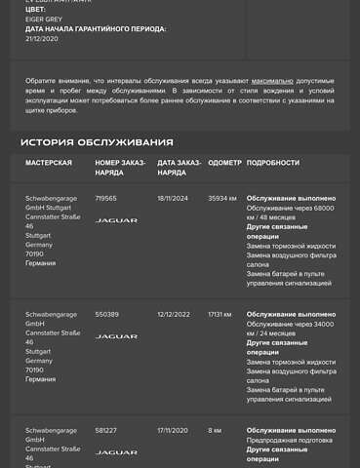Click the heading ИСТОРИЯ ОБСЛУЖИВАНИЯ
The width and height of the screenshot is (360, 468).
(x=97, y=142)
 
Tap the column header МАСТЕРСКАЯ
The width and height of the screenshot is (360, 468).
(x=49, y=163)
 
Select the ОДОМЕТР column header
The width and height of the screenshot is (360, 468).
(x=224, y=163)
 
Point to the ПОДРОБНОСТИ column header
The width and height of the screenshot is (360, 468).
(x=273, y=163)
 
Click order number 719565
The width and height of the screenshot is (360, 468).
(x=105, y=198)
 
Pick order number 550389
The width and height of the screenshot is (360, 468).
(x=106, y=315)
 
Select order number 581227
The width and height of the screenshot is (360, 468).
(x=106, y=430)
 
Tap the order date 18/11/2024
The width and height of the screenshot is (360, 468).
(x=173, y=198)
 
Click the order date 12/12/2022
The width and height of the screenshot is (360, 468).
(x=173, y=315)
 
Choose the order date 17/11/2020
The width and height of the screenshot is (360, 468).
(x=173, y=430)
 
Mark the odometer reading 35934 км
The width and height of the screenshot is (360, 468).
(x=222, y=198)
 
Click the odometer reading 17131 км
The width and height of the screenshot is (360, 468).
(x=220, y=315)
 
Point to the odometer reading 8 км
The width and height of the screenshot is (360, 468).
(x=215, y=430)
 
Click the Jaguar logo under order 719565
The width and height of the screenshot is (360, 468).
(x=116, y=220)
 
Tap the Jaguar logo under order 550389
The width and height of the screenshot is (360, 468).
(x=116, y=336)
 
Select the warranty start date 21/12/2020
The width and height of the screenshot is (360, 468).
(x=42, y=39)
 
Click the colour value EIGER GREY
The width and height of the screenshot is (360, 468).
(x=43, y=18)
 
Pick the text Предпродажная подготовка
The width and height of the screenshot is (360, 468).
(x=290, y=440)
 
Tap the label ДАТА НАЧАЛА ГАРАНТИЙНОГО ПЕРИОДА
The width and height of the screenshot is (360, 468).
(x=96, y=29)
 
